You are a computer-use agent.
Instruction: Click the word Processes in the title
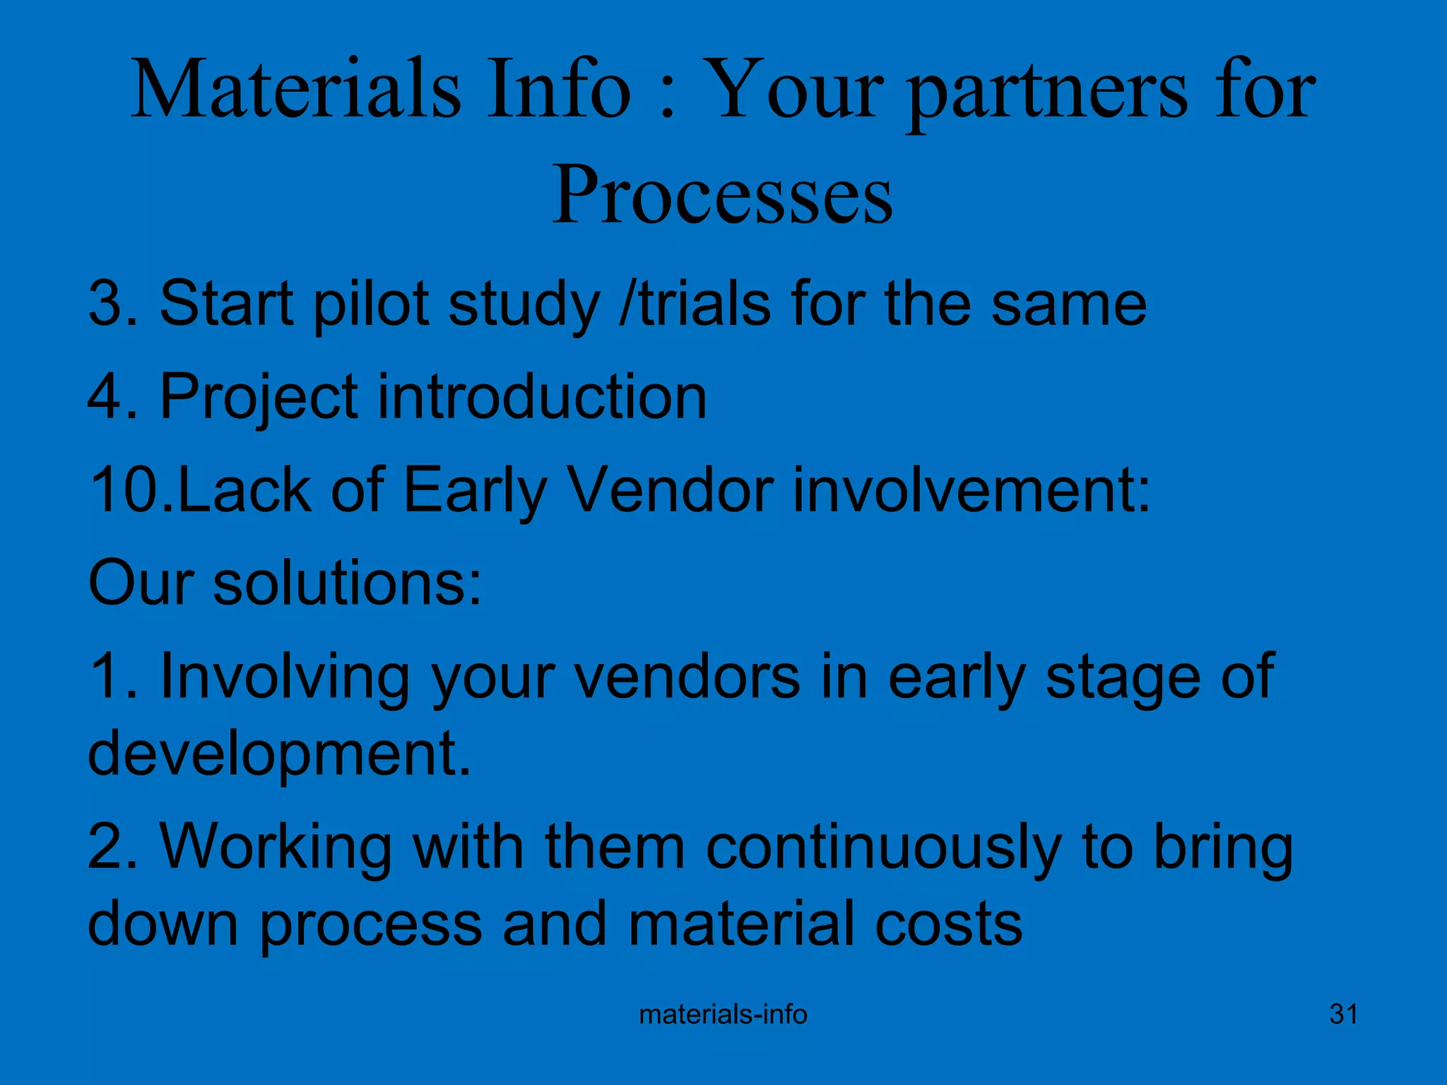click(x=722, y=194)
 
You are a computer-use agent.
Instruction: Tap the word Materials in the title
click(x=296, y=90)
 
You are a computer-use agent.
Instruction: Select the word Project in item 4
click(x=259, y=397)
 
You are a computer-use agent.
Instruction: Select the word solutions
click(x=346, y=583)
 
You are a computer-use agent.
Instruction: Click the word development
click(x=278, y=753)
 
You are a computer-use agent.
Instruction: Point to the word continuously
click(x=883, y=848)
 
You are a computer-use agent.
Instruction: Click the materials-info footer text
click(x=723, y=1014)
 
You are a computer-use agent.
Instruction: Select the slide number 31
click(x=1343, y=1014)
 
